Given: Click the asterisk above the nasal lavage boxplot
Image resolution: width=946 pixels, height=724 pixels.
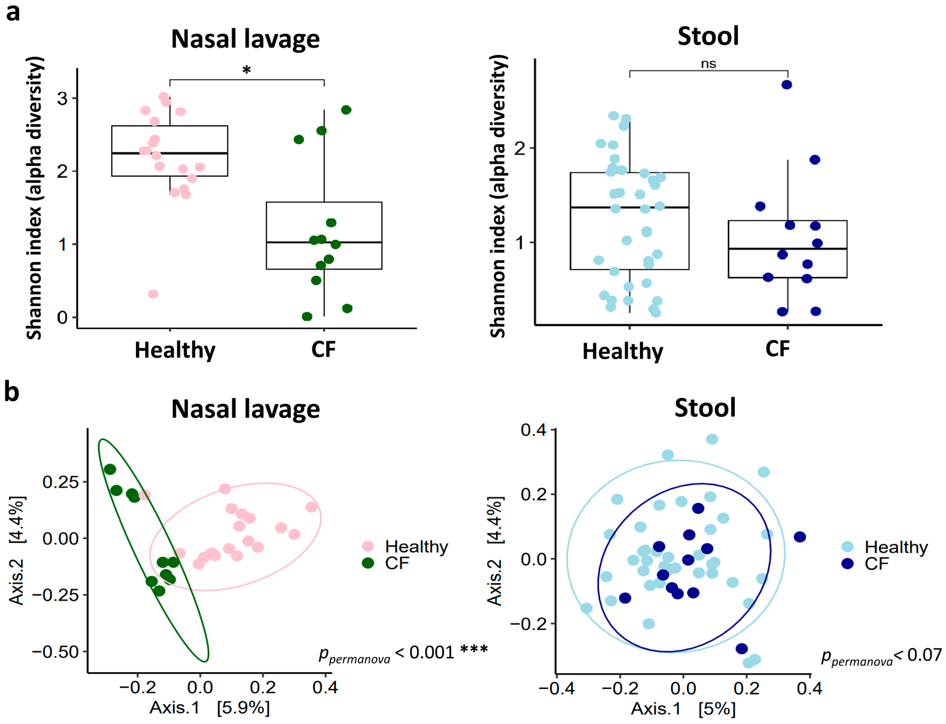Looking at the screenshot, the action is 246,70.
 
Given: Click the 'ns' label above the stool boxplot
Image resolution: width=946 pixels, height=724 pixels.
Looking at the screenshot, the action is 708,64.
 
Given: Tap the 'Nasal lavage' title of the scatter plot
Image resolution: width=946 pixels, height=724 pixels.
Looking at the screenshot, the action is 245,409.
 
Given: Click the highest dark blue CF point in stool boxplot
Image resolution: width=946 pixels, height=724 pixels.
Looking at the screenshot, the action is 786,84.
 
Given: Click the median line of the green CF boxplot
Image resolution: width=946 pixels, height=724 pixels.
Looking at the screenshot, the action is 324,242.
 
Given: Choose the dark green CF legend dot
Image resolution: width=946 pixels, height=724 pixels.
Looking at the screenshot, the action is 368,563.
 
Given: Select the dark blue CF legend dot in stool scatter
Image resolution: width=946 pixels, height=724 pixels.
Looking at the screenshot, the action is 847,563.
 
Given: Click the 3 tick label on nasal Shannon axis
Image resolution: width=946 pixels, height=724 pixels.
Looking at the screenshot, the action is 62,99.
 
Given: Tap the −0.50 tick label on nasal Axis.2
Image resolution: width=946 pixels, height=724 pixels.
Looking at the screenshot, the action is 55,651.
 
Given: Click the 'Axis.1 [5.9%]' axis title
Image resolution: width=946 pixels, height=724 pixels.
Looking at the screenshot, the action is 210,707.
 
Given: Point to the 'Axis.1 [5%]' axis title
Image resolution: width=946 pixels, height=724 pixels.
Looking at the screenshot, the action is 683,708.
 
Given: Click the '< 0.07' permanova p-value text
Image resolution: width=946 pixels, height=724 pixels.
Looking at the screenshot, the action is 918,655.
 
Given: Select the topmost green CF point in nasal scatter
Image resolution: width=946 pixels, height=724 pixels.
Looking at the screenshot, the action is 110,469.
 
